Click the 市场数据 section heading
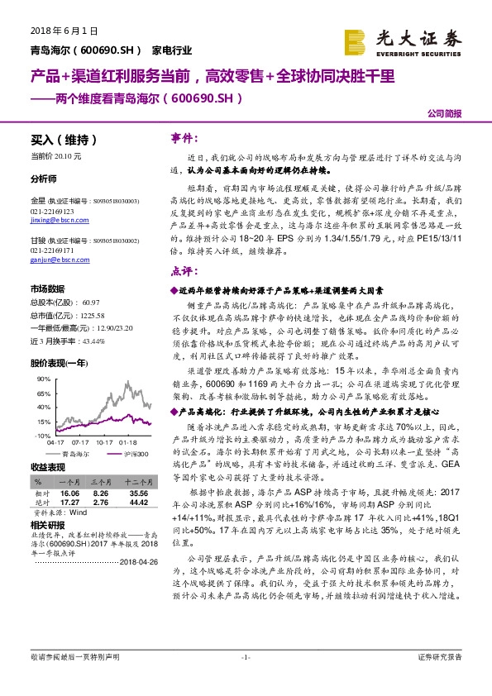pos(47,289)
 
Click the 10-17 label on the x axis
pos(104,442)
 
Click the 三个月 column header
pos(101,480)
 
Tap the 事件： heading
pos(184,137)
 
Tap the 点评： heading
pos(184,271)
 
